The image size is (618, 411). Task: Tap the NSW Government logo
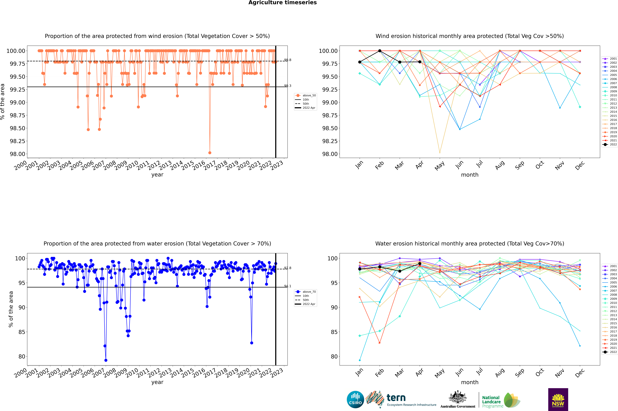click(558, 399)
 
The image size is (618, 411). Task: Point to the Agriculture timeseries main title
click(282, 3)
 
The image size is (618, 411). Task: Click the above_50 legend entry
click(305, 95)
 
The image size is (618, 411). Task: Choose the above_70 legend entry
click(305, 292)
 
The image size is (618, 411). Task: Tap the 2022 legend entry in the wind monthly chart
click(610, 144)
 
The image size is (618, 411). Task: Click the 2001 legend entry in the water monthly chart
click(610, 266)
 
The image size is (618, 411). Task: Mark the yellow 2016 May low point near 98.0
click(440, 153)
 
